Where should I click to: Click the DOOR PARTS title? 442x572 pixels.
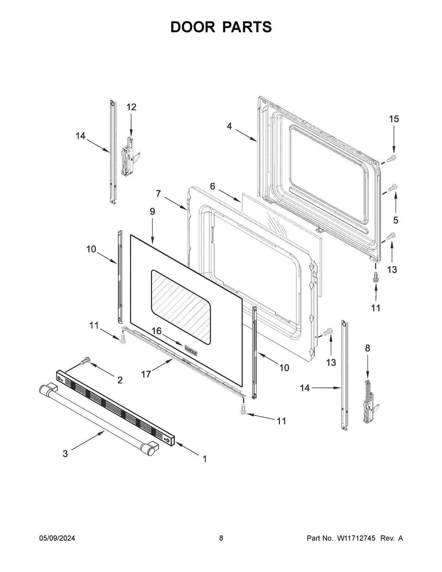(x=221, y=27)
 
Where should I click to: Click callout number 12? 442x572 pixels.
(x=131, y=107)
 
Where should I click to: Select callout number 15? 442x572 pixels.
(x=394, y=119)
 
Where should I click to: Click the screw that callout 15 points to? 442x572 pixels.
(x=392, y=158)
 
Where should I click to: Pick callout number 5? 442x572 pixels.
(x=396, y=220)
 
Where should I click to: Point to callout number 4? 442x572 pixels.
(x=229, y=126)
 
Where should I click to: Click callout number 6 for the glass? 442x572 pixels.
(x=213, y=186)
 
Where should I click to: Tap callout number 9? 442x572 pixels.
(x=152, y=211)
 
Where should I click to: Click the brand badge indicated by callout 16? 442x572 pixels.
(x=191, y=348)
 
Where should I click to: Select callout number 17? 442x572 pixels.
(x=146, y=374)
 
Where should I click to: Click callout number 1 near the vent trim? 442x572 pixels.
(x=204, y=459)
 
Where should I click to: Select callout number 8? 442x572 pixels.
(x=367, y=348)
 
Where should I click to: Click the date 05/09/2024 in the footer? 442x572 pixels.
(x=57, y=538)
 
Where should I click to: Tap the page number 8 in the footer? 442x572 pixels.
(x=221, y=538)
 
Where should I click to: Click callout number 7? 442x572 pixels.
(x=158, y=193)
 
